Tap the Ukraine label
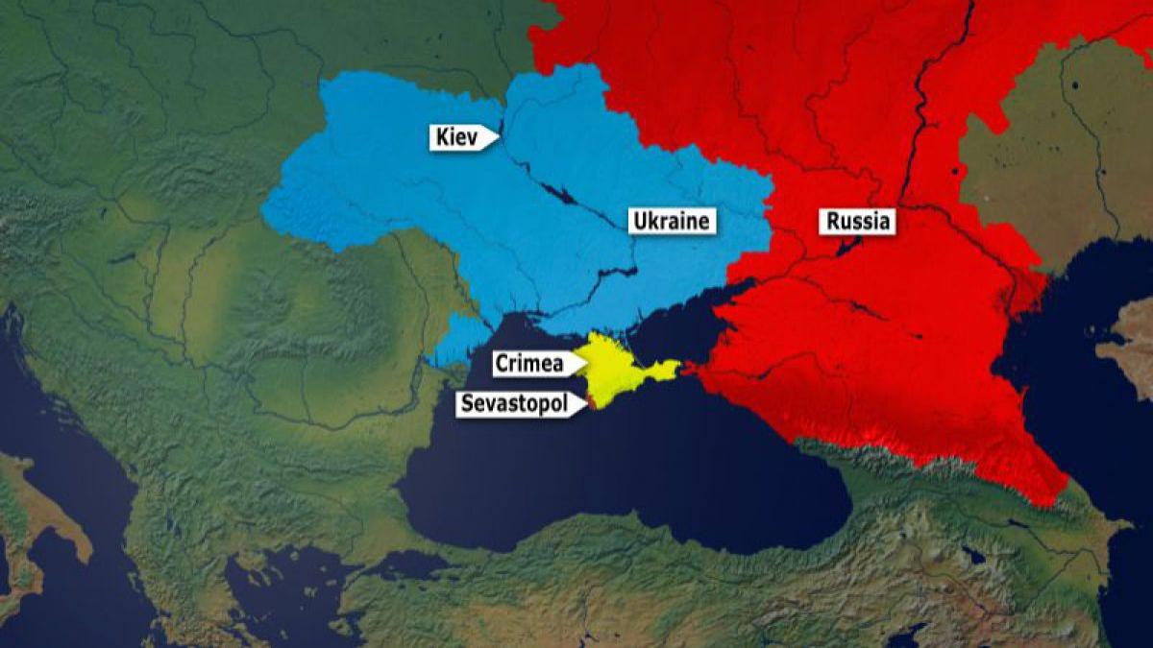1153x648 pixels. pos(672,222)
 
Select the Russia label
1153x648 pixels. pos(858,222)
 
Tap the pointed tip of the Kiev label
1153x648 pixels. pos(499,137)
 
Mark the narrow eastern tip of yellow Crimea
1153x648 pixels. pos(675,367)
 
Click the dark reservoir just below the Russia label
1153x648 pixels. pos(846,247)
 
